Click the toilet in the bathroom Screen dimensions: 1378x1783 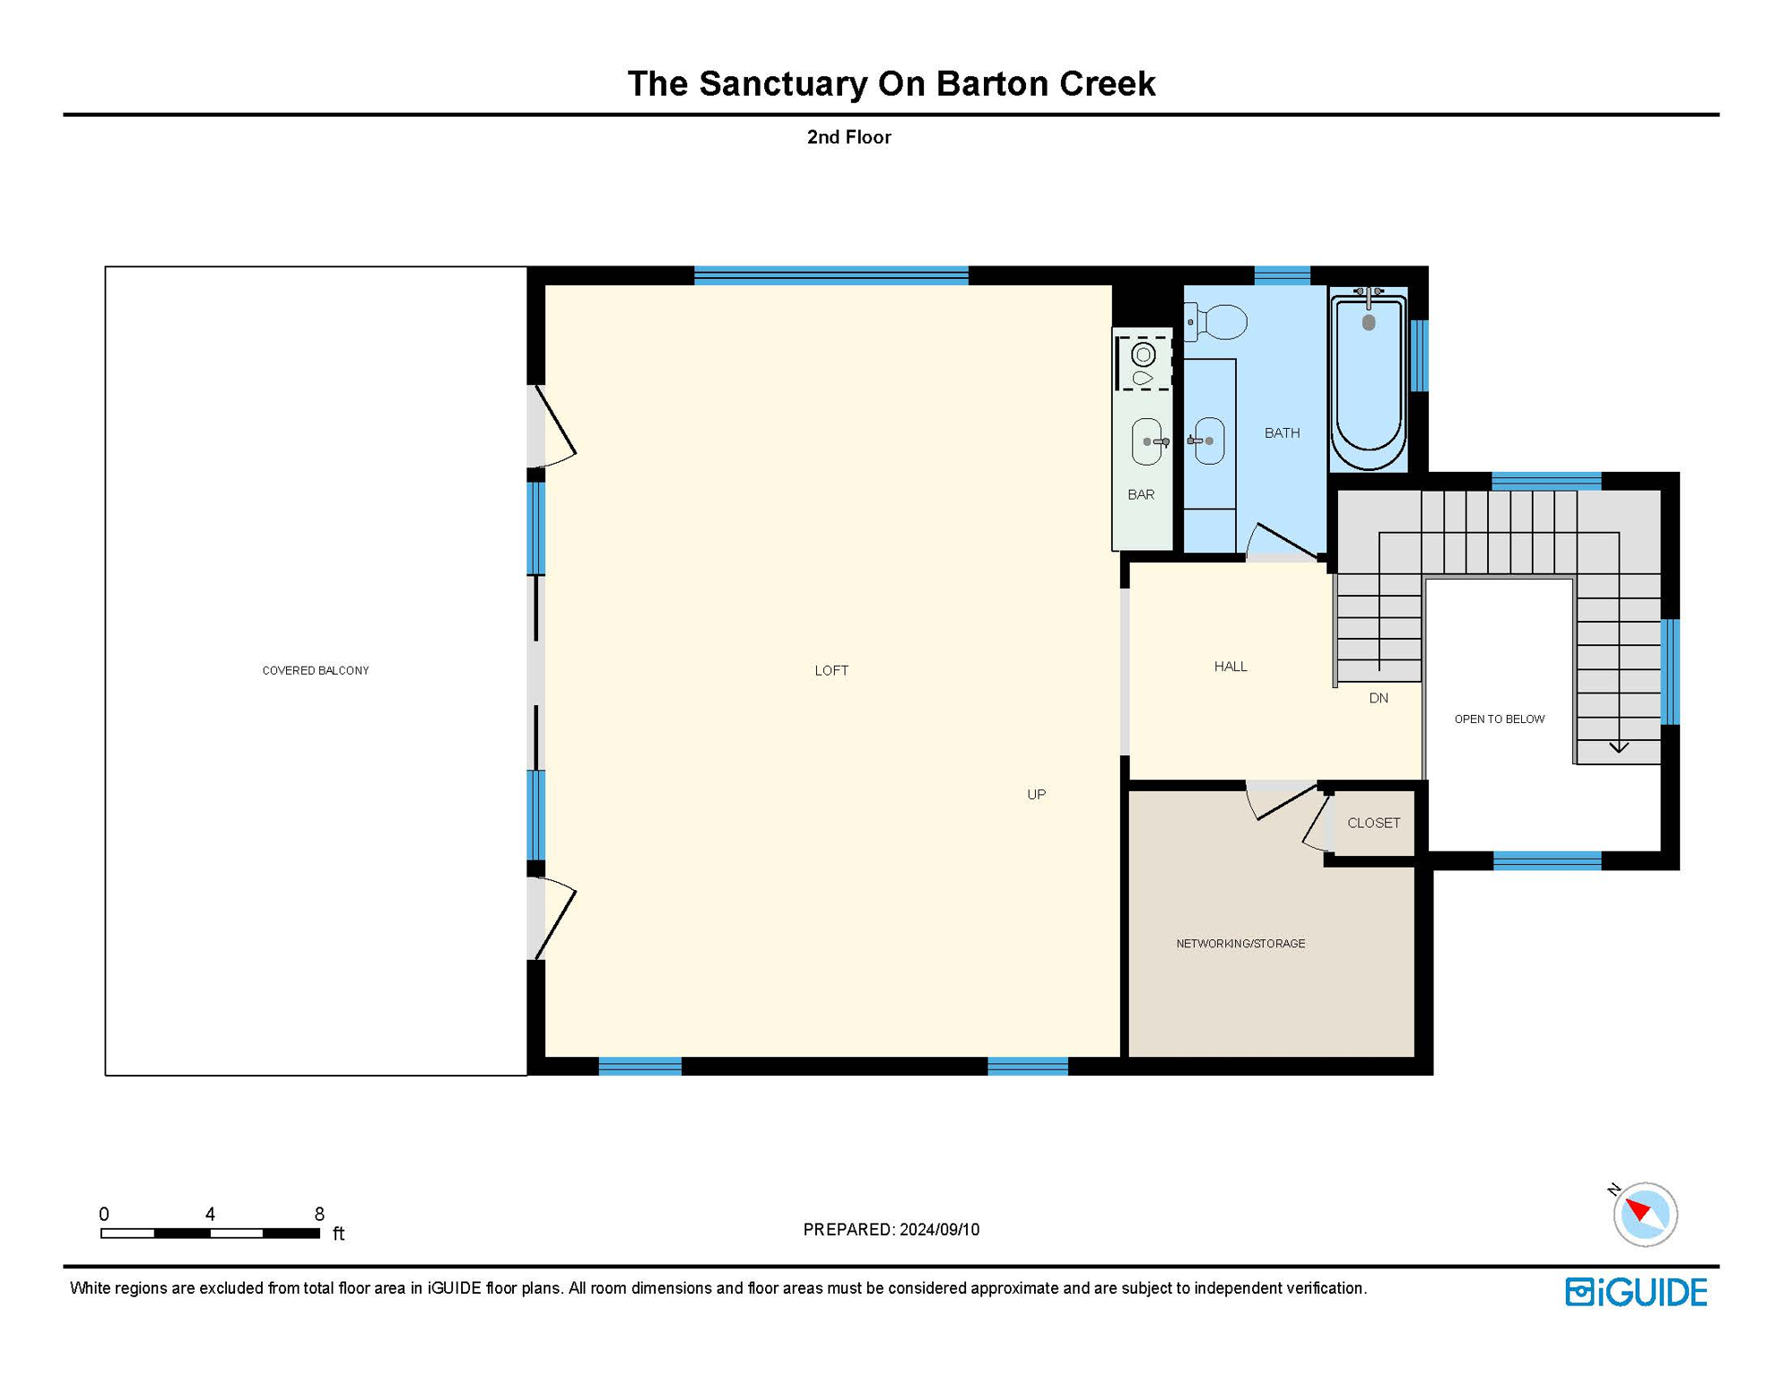pos(1219,321)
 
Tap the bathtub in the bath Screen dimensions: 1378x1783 pos(1368,378)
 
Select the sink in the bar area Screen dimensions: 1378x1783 pos(1147,441)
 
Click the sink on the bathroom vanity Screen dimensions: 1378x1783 pos(1209,440)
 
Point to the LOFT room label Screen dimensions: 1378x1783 pos(831,670)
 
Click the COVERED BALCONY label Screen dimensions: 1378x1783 pos(315,670)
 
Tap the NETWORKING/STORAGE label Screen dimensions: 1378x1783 pos(1240,943)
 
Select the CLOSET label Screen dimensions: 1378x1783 pos(1373,823)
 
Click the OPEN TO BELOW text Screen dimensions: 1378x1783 pos(1499,719)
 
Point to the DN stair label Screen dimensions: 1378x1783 pos(1379,698)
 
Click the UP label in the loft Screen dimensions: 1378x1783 pos(1036,794)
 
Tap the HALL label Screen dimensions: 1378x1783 pos(1231,666)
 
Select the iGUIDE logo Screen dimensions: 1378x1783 pos(1636,1292)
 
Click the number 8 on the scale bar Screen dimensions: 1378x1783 pos(319,1214)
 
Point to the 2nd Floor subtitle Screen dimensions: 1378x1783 pos(848,137)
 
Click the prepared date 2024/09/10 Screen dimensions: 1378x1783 pos(939,1229)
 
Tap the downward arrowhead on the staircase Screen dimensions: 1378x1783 pos(1619,746)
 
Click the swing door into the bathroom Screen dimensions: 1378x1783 pos(1284,541)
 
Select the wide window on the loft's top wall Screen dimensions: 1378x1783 pos(831,275)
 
